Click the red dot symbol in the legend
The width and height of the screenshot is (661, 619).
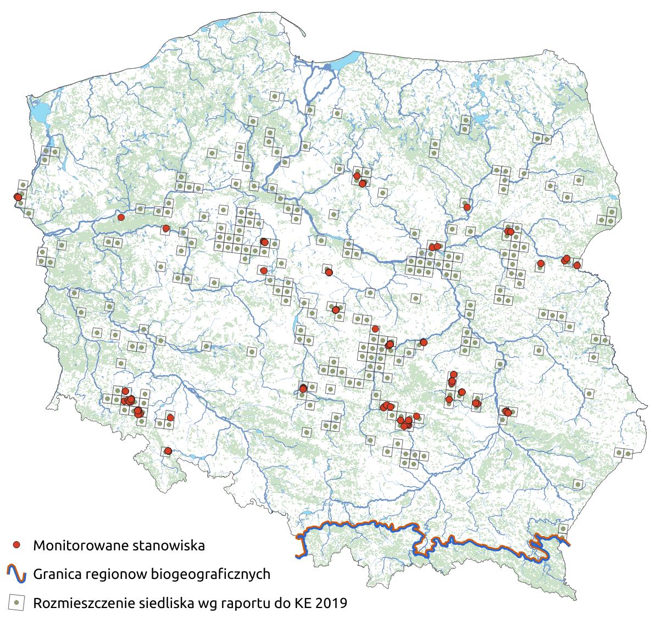click(x=17, y=545)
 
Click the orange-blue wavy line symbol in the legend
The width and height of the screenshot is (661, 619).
click(x=17, y=574)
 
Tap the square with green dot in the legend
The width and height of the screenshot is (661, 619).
click(x=17, y=603)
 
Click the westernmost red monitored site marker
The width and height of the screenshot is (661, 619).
click(x=17, y=197)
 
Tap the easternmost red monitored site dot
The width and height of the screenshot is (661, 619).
click(x=577, y=265)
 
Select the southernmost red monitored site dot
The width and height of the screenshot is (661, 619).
click(x=168, y=451)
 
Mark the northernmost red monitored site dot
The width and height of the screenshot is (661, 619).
click(x=357, y=176)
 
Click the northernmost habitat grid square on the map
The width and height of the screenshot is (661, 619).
click(x=274, y=97)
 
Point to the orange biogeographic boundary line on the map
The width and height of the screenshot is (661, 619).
click(x=363, y=525)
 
